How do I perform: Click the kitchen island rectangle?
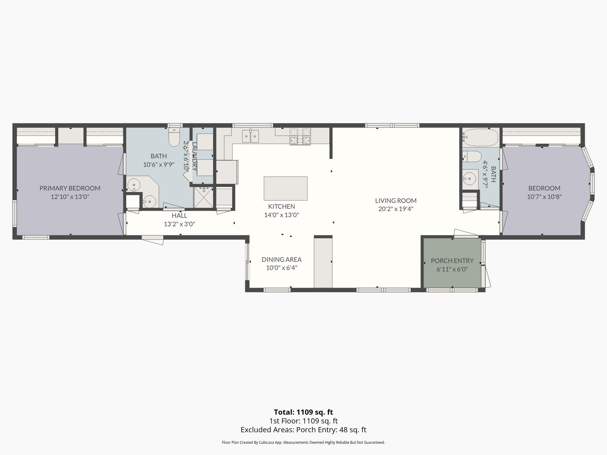(x=286, y=188)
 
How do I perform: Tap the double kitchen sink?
(x=250, y=136)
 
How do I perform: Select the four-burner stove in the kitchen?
(x=300, y=136)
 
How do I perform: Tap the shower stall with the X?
(x=204, y=197)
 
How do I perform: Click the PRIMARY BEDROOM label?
(x=70, y=188)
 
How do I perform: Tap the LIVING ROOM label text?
(x=396, y=201)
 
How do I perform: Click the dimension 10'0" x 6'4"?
(x=282, y=268)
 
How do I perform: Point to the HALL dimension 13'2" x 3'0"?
(x=179, y=224)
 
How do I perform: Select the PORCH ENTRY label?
(x=452, y=261)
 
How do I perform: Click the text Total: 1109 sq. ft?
(x=303, y=412)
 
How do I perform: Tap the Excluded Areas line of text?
(x=303, y=430)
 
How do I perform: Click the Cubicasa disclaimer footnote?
(x=303, y=442)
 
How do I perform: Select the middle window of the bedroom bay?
(x=592, y=184)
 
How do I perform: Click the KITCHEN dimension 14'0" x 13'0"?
(x=282, y=215)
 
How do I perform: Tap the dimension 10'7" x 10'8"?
(x=544, y=197)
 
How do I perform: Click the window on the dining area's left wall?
(x=248, y=261)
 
